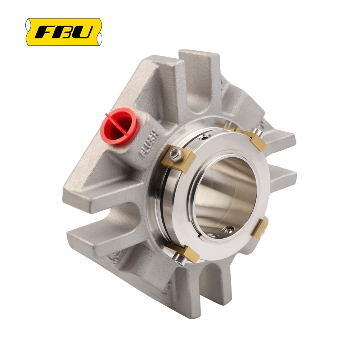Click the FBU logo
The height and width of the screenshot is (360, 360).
[x=64, y=32]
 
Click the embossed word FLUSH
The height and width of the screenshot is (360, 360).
[x=149, y=144]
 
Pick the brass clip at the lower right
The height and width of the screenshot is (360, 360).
[x=260, y=230]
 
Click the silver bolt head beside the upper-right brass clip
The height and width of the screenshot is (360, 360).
[x=257, y=132]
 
